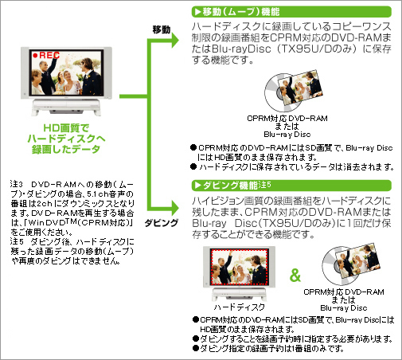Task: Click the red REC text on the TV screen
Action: (49, 55)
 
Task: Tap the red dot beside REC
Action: (35, 55)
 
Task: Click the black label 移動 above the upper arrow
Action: (162, 29)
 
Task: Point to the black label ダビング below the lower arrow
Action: (162, 222)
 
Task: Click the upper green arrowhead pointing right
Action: (175, 41)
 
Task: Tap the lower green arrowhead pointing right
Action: (175, 207)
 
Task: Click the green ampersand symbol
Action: (295, 276)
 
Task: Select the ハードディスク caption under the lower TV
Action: (240, 307)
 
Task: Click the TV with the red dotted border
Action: (239, 273)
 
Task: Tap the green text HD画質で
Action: (66, 128)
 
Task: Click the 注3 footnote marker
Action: (17, 184)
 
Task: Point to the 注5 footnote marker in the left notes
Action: (17, 241)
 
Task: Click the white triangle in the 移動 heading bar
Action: (197, 12)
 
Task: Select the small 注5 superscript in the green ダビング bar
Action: (264, 185)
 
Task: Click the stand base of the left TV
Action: (66, 107)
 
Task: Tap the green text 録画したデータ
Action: (66, 149)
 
